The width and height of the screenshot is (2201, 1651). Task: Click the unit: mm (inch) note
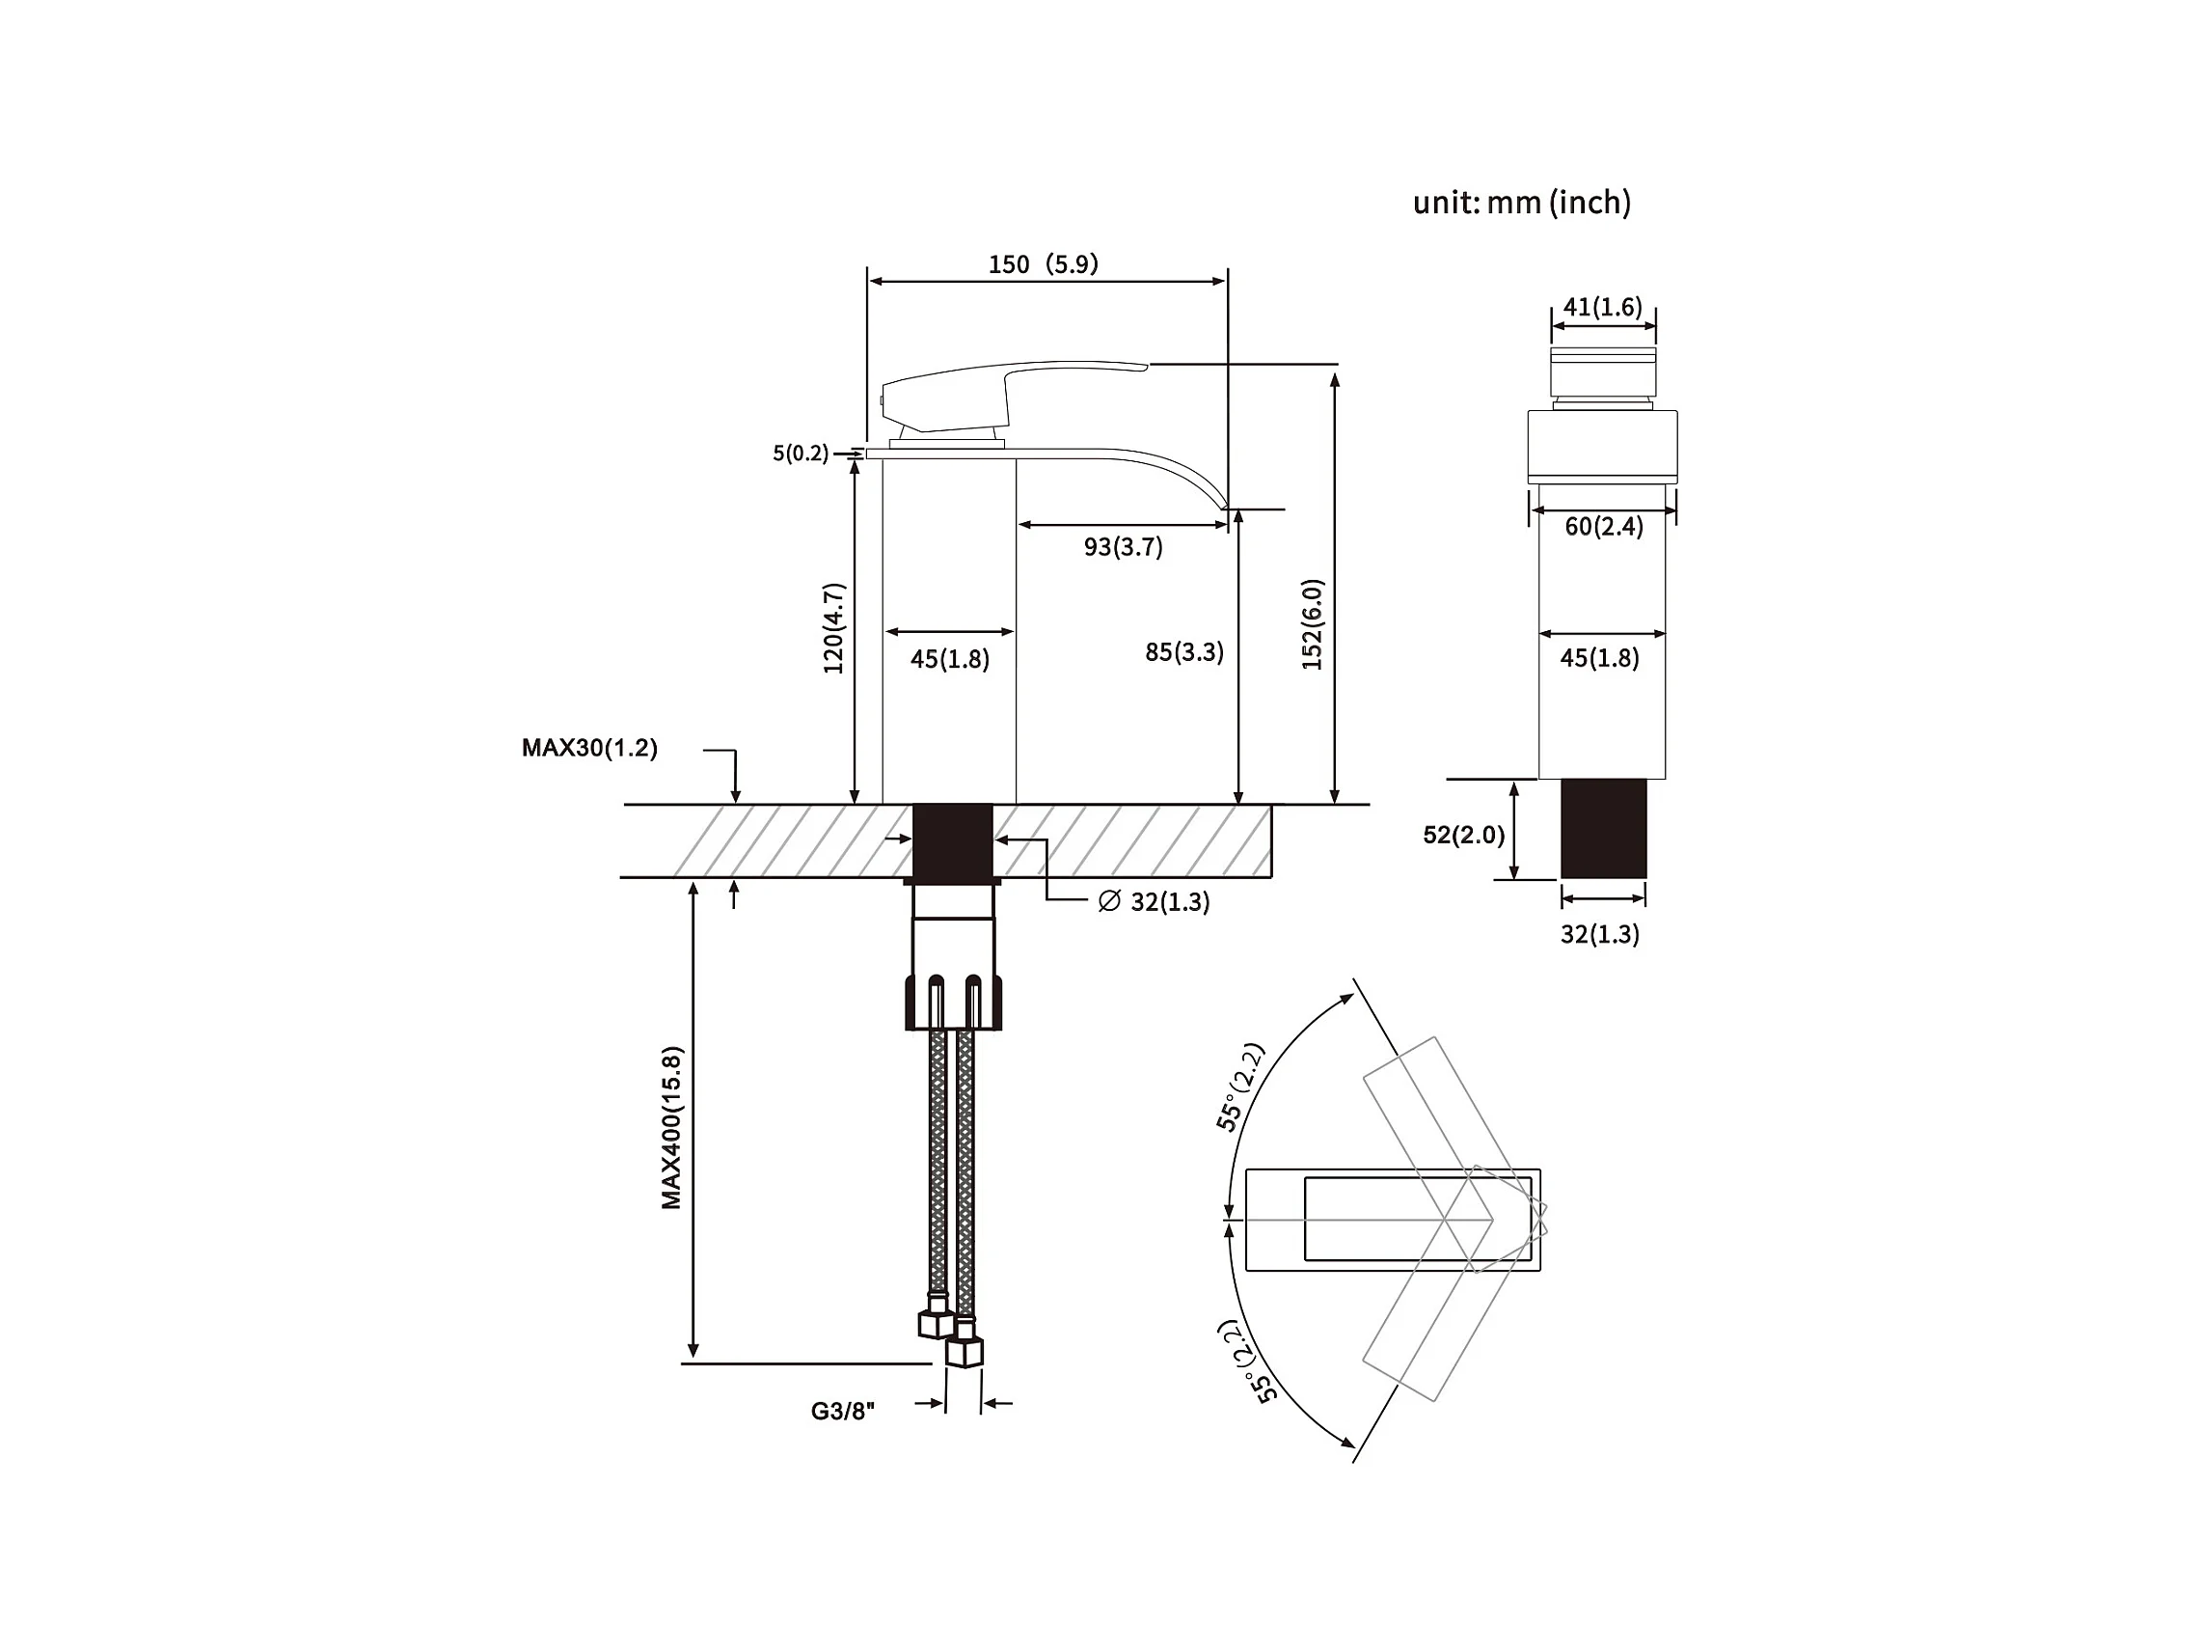click(x=1521, y=202)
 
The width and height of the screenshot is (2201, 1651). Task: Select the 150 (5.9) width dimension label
click(x=1043, y=263)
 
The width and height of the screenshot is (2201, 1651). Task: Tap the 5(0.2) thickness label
click(x=800, y=454)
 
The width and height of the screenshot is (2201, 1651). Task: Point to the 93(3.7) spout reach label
click(x=1124, y=546)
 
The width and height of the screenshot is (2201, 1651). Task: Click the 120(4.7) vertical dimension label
click(x=834, y=628)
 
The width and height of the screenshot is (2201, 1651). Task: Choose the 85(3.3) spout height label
click(x=1184, y=652)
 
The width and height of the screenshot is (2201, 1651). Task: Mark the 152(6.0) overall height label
click(x=1313, y=624)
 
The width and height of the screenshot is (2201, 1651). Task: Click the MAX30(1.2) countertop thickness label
click(x=589, y=748)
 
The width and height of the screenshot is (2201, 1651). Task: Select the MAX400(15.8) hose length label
click(x=672, y=1128)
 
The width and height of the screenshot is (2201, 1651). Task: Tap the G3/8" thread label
click(x=842, y=1411)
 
